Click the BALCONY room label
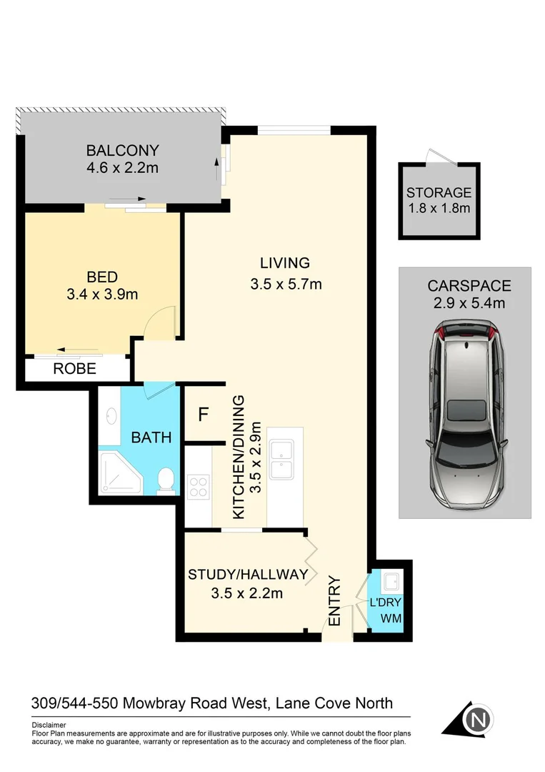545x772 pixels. tap(122, 150)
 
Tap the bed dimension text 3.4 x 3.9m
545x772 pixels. tap(102, 293)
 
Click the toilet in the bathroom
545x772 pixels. tap(165, 481)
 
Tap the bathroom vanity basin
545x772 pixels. tap(110, 415)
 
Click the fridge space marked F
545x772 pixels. tap(203, 415)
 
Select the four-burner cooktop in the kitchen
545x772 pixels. tap(198, 487)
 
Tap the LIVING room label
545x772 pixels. tap(284, 262)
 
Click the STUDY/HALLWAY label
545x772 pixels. tap(247, 574)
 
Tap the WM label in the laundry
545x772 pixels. tap(389, 618)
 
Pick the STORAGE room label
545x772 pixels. tap(439, 192)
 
